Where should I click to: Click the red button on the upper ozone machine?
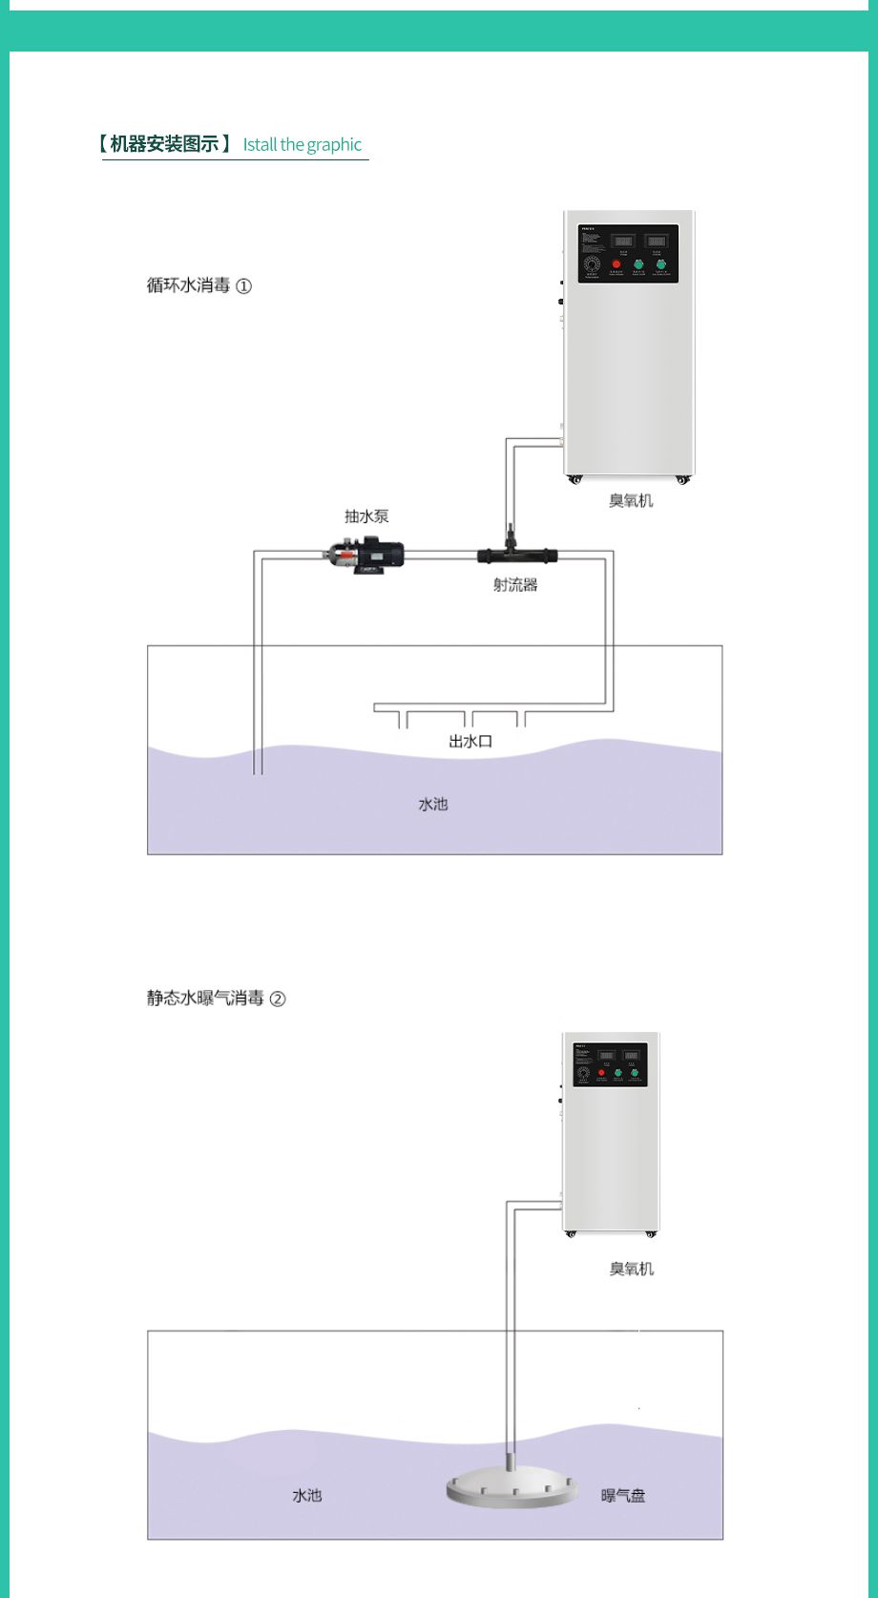pos(616,264)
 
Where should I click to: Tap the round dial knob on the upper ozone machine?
pos(592,264)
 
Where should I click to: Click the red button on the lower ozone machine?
pos(601,1073)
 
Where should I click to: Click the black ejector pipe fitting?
pos(516,555)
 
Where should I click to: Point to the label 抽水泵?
pos(366,516)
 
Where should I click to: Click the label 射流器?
pos(515,585)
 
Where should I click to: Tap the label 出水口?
pos(470,741)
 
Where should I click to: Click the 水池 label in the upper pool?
pos(432,804)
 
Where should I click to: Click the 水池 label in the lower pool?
pos(306,1495)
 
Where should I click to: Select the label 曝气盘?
pos(623,1495)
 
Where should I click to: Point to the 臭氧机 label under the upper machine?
pos(631,500)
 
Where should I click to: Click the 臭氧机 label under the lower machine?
pos(632,1269)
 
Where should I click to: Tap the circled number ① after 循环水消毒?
pos(244,285)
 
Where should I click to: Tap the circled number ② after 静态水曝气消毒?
pos(278,999)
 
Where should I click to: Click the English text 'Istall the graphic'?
pos(303,145)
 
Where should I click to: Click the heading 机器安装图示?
pos(164,144)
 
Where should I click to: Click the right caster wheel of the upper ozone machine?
pos(682,479)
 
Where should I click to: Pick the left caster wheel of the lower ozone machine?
pos(571,1233)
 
